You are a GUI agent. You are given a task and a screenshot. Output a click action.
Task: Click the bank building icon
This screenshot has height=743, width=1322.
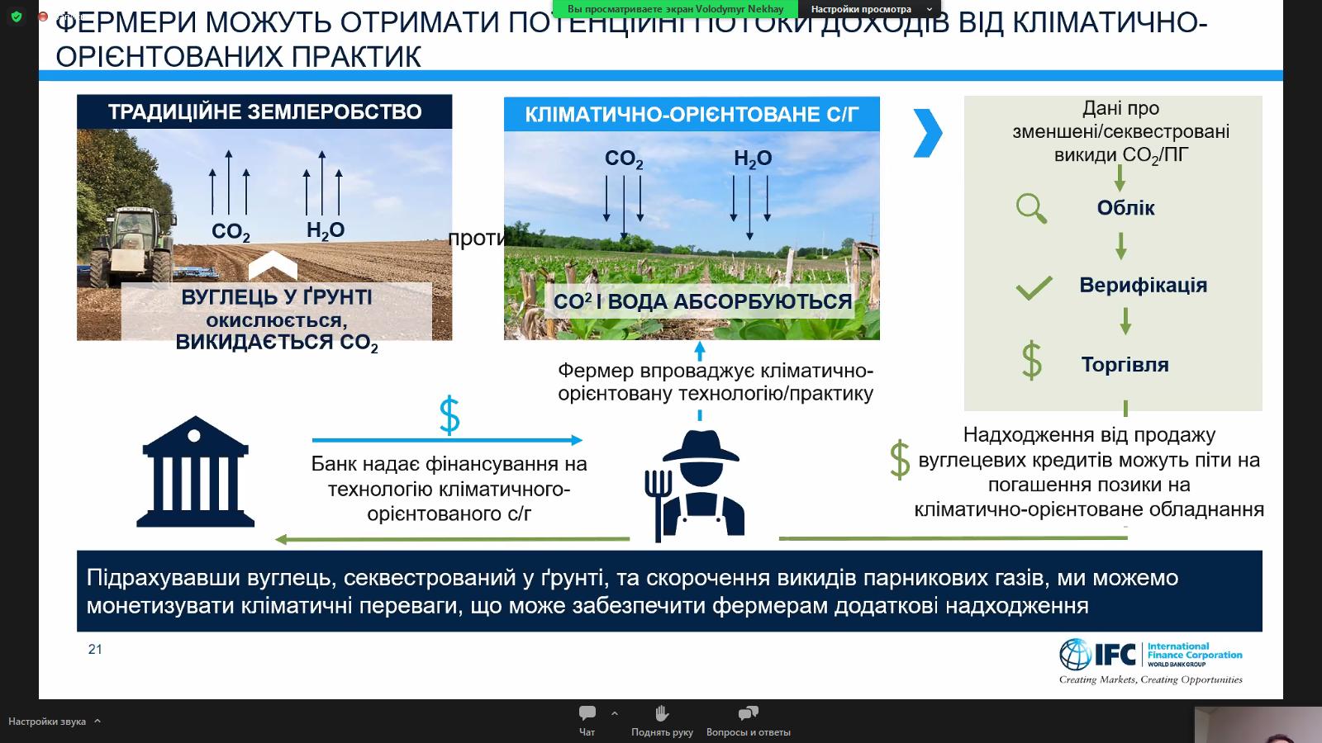[196, 471]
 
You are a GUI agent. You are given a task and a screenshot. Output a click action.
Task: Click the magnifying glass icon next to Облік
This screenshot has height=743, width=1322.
[1031, 208]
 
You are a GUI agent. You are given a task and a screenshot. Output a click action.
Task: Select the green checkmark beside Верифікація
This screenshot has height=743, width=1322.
[1034, 286]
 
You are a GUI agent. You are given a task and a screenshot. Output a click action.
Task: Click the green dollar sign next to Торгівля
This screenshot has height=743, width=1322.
[1031, 362]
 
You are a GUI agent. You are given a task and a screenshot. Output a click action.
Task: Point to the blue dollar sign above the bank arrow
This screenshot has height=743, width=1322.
[449, 415]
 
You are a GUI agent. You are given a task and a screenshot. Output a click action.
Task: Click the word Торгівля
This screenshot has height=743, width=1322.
[1125, 364]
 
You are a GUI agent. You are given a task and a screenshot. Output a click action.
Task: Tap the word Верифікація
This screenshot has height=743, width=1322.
[1143, 285]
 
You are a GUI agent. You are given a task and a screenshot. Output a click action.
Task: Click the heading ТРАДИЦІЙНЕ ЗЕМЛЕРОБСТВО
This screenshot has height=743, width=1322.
[264, 111]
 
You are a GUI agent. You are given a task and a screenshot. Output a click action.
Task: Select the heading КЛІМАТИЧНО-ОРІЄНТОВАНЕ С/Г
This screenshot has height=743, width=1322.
[692, 114]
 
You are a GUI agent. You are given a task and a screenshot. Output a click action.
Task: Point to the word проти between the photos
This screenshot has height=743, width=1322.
[476, 239]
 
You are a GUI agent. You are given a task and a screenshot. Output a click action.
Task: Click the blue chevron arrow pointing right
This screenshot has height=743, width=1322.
[928, 132]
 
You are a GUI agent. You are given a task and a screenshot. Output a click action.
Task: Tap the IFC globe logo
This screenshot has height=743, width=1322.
[1076, 655]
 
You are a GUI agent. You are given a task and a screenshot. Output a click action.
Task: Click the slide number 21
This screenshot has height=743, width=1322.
[95, 650]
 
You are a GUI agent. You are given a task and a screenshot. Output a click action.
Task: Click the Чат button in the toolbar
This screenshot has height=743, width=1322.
[587, 720]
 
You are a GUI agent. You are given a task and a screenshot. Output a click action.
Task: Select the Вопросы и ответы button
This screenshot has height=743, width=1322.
[748, 720]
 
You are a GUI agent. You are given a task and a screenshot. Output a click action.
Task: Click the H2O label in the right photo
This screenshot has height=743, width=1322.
[753, 158]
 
